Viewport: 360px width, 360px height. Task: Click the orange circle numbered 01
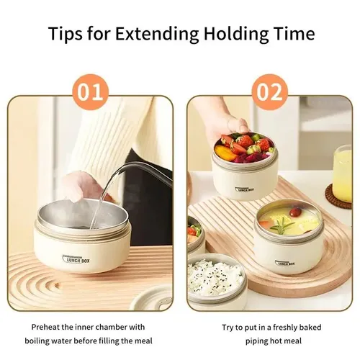click(90, 92)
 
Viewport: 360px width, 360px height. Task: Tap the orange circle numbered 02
click(269, 92)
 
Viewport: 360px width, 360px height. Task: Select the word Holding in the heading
click(236, 34)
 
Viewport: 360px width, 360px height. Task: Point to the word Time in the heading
click(294, 33)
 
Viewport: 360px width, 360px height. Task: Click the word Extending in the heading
click(157, 34)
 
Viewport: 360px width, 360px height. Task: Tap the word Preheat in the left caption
click(45, 327)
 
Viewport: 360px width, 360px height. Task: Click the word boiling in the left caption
click(38, 341)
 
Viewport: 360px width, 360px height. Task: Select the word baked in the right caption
click(311, 327)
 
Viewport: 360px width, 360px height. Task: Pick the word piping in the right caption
click(256, 341)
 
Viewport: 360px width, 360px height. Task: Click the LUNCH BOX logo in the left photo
click(76, 259)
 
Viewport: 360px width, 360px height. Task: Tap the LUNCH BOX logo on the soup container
click(285, 263)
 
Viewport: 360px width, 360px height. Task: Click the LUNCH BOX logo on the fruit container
click(244, 189)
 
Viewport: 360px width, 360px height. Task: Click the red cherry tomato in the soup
click(295, 212)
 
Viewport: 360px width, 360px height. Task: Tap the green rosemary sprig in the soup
click(282, 226)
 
